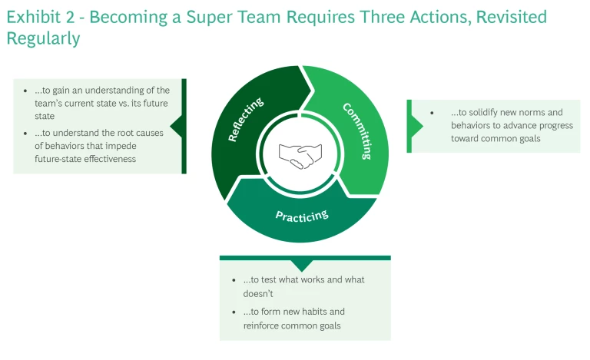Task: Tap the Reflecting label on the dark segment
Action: pos(246,120)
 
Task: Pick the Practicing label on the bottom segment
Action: pos(302,215)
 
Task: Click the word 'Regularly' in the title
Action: pos(43,39)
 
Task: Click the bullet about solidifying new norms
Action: pos(507,125)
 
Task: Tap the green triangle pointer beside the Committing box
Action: pos(416,125)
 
